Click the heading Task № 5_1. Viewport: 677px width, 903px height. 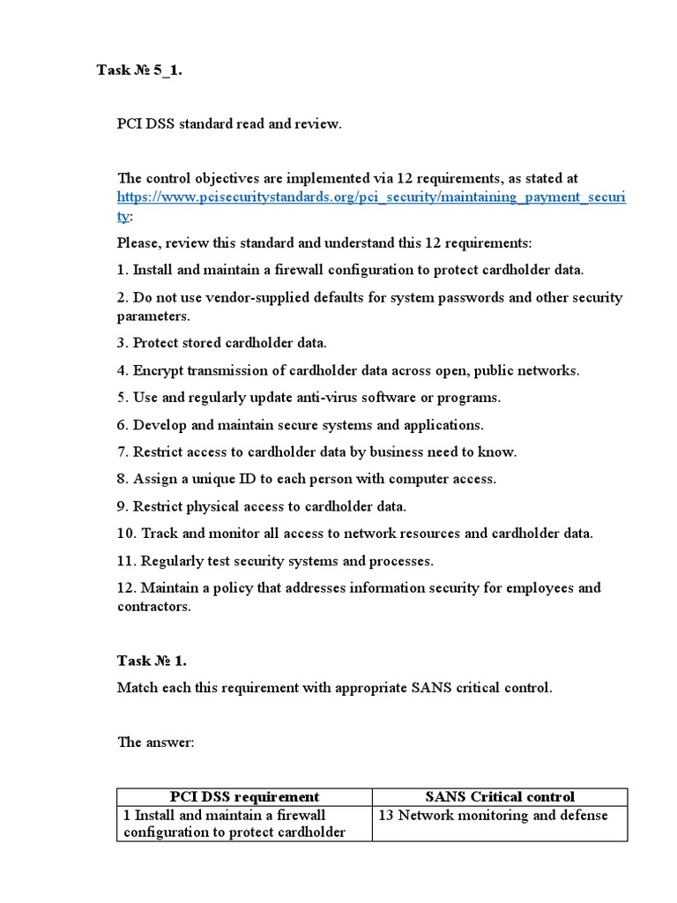(139, 71)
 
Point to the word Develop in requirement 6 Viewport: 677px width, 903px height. (160, 425)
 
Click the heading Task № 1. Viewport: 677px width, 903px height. (152, 660)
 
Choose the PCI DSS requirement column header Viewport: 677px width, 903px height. (244, 796)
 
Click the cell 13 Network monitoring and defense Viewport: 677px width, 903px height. (493, 815)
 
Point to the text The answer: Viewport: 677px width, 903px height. (155, 743)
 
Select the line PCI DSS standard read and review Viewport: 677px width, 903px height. (229, 124)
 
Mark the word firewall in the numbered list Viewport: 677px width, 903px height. (293, 270)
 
